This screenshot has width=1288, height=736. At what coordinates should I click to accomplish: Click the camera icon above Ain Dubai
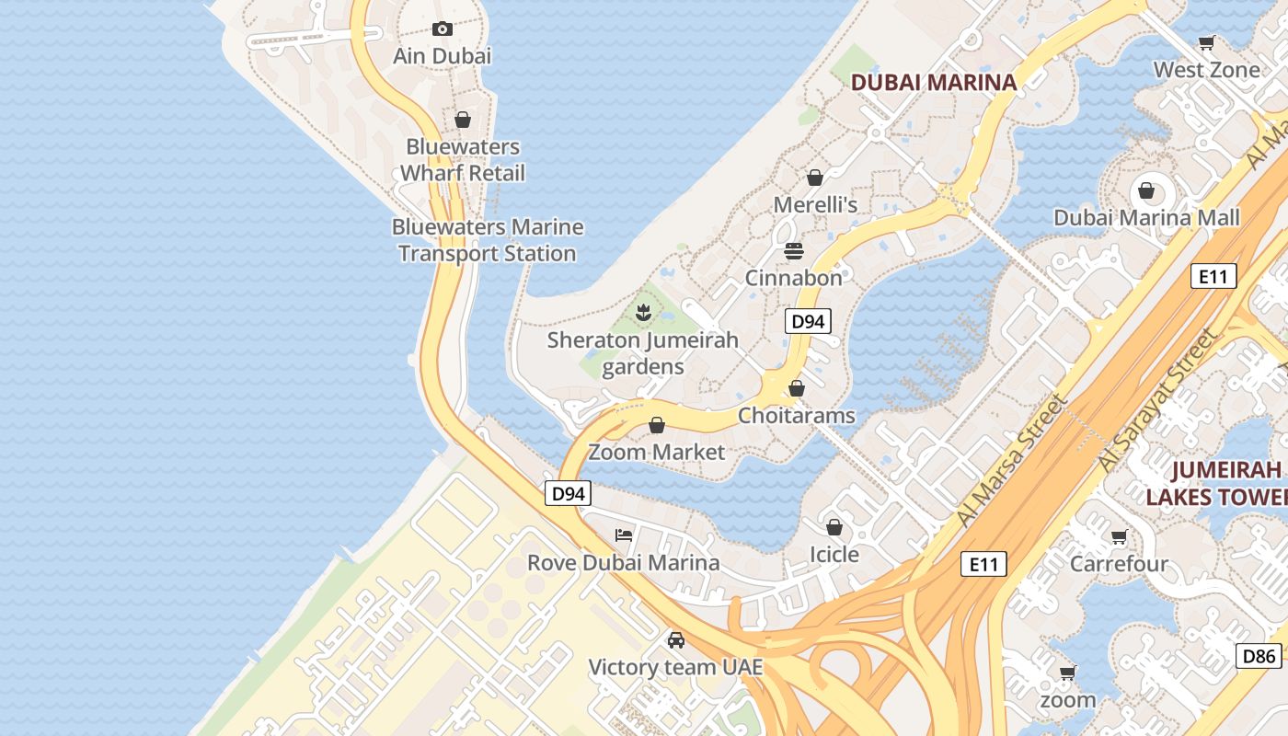(x=443, y=29)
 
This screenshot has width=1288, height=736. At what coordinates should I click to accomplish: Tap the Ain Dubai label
(x=443, y=56)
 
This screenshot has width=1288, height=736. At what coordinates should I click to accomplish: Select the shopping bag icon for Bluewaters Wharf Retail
(x=463, y=120)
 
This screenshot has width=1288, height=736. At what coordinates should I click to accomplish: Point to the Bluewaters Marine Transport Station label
(x=488, y=240)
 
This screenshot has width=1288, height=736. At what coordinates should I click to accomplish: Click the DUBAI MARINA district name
(x=934, y=82)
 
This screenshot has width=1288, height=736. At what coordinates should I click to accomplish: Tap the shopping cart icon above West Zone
(x=1206, y=42)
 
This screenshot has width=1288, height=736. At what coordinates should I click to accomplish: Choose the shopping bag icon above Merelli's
(x=814, y=177)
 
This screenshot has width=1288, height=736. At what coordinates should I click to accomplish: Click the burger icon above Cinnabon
(x=794, y=250)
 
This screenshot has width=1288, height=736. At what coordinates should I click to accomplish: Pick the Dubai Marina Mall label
(x=1146, y=218)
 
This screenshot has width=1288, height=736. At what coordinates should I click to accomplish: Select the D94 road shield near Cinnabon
(x=808, y=321)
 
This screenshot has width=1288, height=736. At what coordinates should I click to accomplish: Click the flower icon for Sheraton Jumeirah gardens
(x=643, y=313)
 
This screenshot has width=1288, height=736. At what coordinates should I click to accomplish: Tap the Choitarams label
(x=797, y=416)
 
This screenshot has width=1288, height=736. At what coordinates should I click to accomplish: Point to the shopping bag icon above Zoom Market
(x=657, y=425)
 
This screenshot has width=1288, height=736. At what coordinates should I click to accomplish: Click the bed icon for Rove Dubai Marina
(x=624, y=535)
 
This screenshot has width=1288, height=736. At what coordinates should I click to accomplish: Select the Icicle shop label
(x=834, y=555)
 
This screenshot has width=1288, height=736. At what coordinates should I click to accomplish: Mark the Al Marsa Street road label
(x=1012, y=460)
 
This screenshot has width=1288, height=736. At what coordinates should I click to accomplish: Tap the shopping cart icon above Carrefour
(x=1119, y=536)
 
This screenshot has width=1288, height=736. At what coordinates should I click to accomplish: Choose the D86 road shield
(x=1258, y=656)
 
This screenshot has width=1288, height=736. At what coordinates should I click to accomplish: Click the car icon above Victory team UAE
(x=676, y=639)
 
